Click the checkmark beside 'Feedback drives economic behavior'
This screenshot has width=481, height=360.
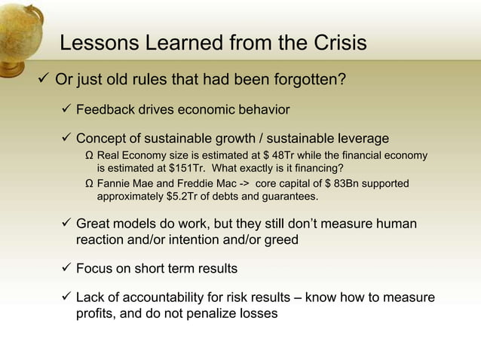coord(66,110)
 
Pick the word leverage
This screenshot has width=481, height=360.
coord(361,139)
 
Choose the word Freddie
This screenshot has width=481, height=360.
coord(199,184)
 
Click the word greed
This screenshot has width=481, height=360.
coord(279,240)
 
